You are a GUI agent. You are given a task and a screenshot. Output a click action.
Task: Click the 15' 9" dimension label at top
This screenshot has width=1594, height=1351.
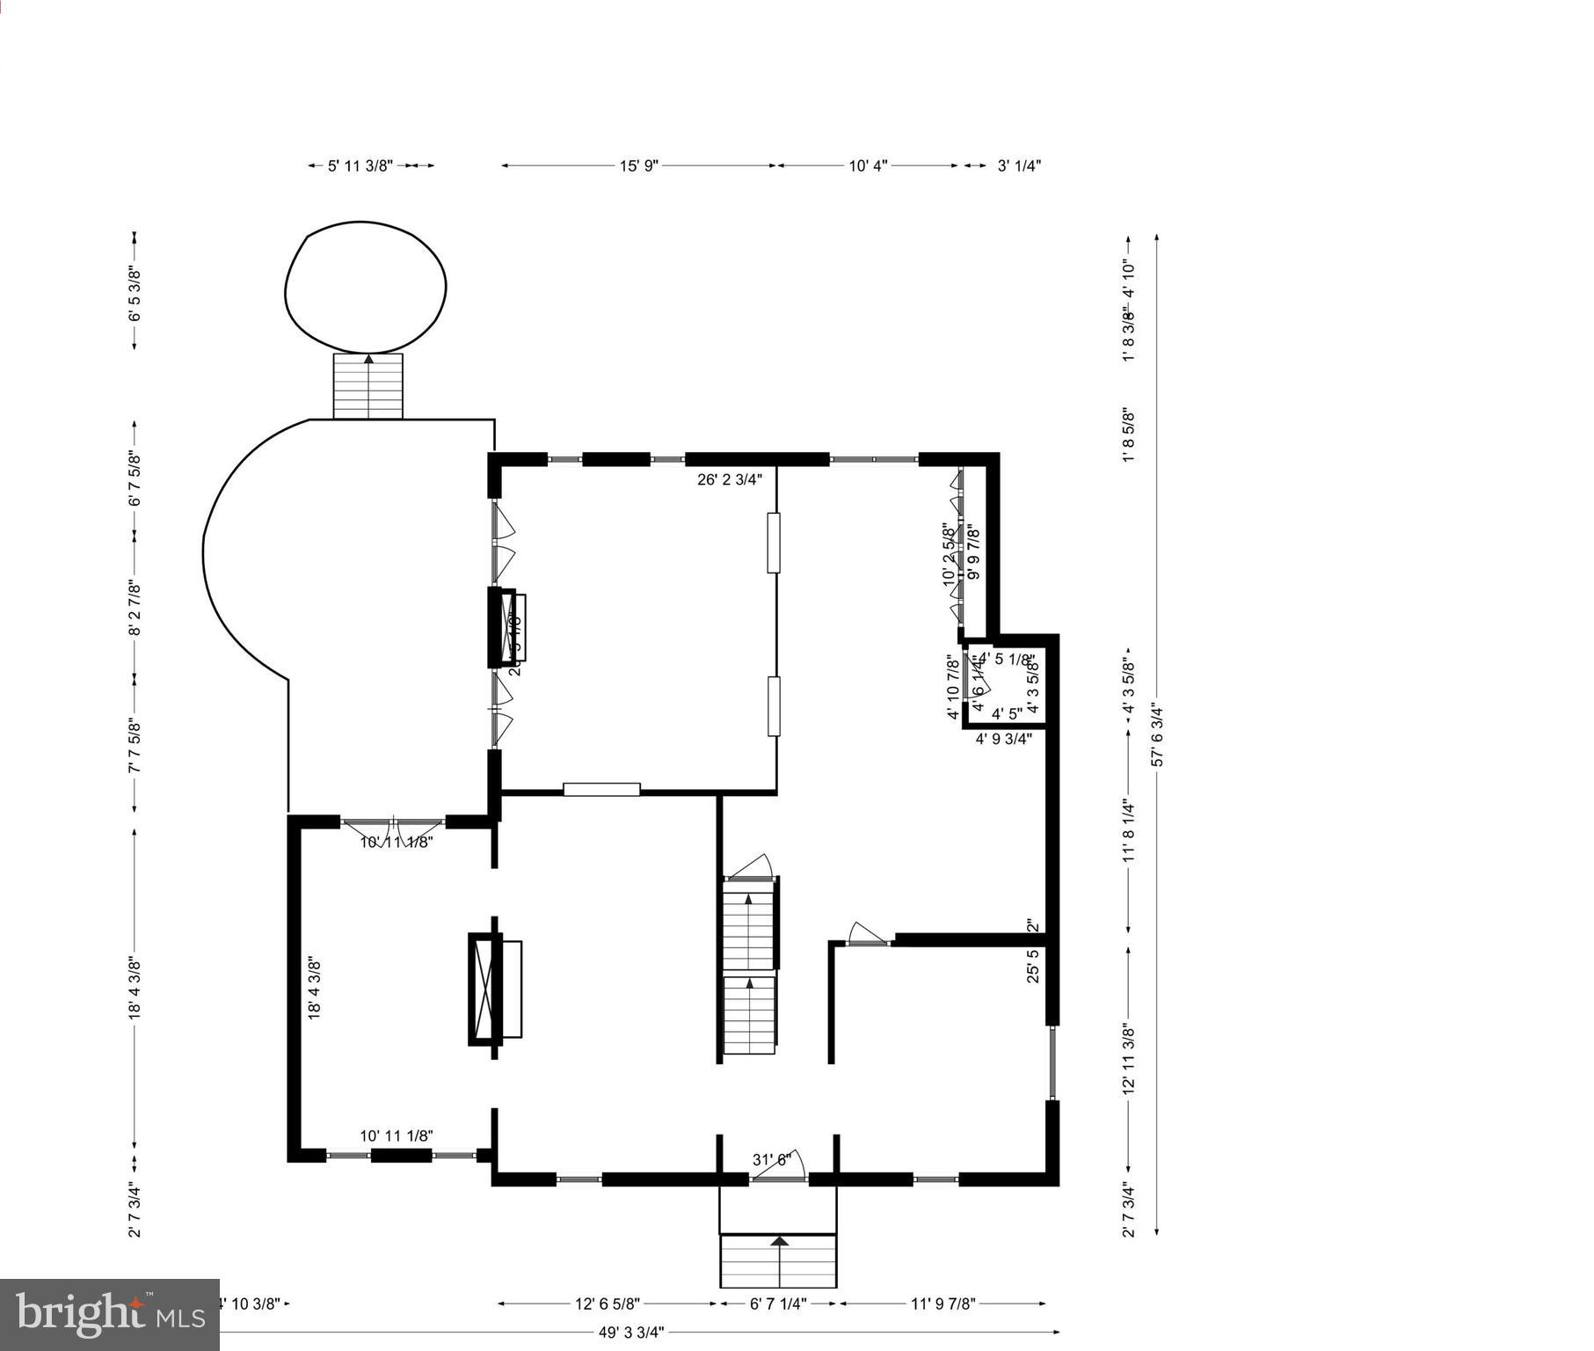point(638,165)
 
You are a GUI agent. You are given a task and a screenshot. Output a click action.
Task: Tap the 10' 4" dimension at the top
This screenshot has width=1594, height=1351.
point(868,165)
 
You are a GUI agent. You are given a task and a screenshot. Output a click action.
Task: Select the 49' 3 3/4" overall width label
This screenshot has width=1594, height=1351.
point(631,1332)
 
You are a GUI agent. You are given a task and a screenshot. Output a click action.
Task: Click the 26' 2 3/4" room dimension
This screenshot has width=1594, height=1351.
point(730,479)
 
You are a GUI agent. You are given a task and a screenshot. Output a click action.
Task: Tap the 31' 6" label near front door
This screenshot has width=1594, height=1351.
point(772,1159)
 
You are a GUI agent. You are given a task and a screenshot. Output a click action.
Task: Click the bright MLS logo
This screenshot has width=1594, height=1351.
point(109,1314)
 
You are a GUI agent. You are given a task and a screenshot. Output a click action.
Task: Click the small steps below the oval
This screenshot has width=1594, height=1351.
point(368,386)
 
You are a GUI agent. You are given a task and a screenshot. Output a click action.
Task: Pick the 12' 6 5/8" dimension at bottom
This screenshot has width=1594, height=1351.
point(608,1303)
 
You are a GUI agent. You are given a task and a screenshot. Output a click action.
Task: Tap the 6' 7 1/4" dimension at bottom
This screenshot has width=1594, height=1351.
point(778,1303)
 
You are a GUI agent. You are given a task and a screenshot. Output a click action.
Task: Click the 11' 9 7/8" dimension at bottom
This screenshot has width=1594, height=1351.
point(943,1303)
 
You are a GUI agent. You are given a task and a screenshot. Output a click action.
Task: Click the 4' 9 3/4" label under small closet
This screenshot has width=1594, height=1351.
point(1003,739)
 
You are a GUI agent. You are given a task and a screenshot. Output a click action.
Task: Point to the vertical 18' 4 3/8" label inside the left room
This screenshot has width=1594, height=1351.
point(315,988)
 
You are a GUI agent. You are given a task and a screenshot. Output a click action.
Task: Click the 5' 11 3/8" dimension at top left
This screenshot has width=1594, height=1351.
point(360,165)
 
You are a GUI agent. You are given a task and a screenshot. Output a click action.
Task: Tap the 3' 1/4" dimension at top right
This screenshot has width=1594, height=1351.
point(1019,165)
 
